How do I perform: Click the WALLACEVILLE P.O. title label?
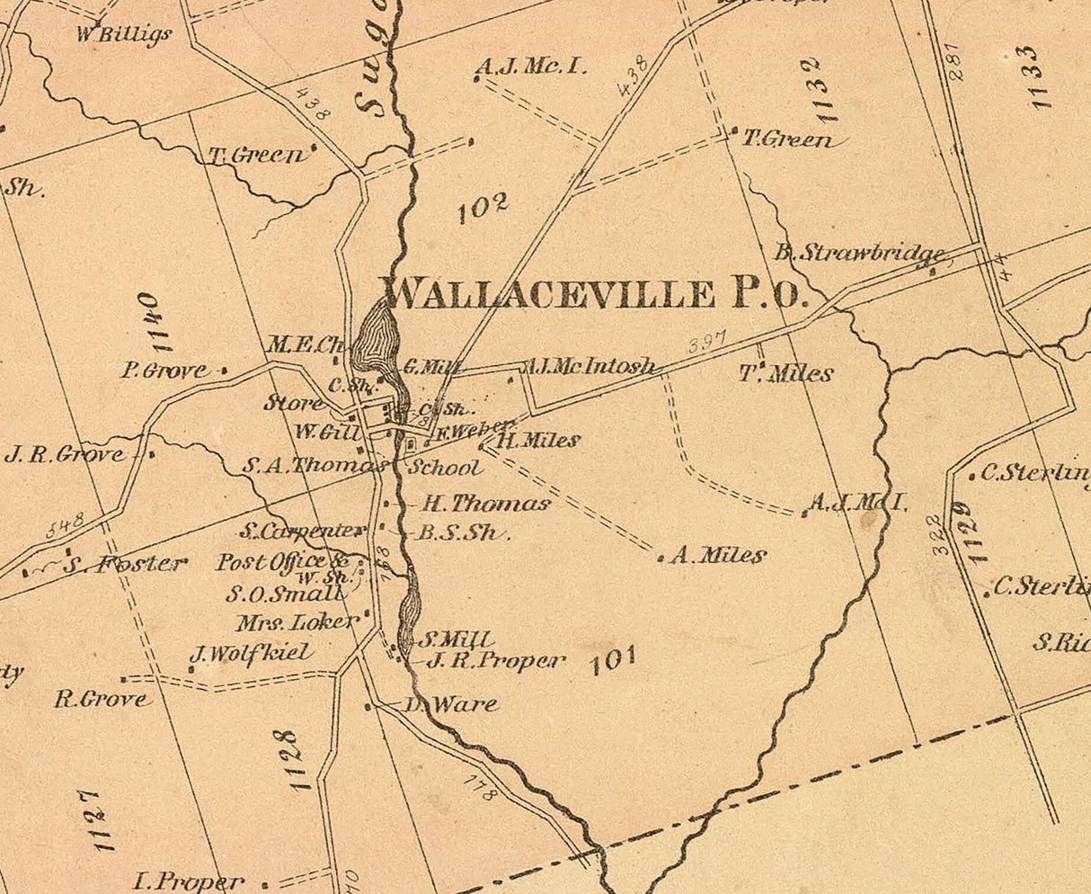click(x=596, y=293)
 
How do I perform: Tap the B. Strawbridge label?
click(x=860, y=253)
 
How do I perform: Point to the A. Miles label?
click(x=718, y=556)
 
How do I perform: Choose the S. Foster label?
click(x=125, y=565)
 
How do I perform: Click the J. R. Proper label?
click(x=495, y=661)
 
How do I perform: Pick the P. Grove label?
click(x=163, y=370)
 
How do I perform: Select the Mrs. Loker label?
click(x=297, y=621)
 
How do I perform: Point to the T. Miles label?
click(x=786, y=373)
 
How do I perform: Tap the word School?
click(x=444, y=468)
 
